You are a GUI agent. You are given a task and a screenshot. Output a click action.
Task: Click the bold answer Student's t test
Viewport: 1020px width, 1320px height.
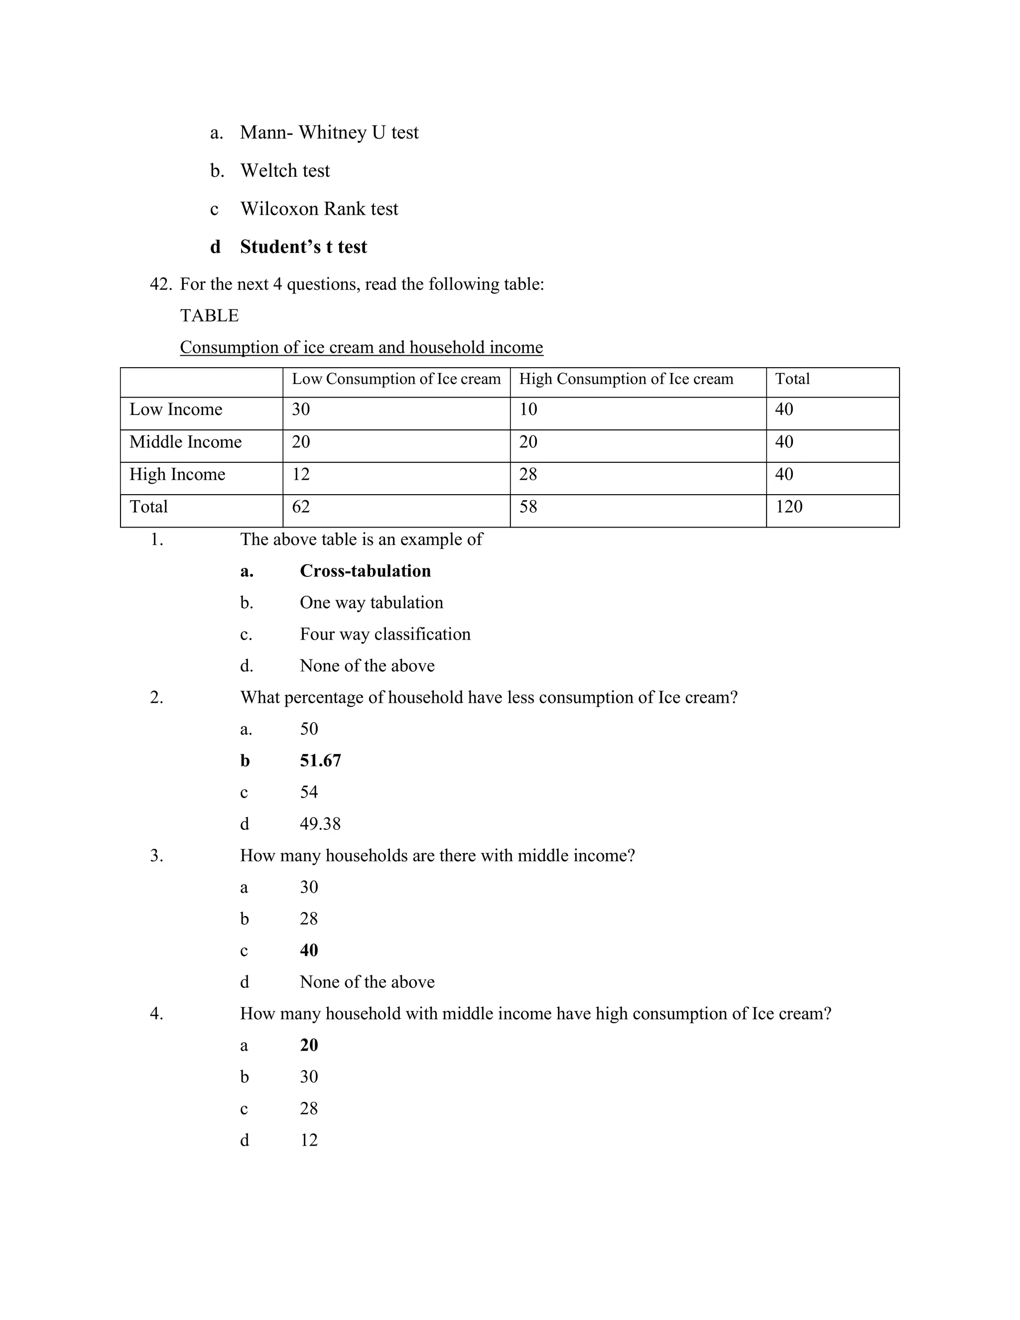303,247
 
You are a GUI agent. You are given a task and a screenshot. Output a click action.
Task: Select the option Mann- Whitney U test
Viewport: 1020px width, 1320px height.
329,132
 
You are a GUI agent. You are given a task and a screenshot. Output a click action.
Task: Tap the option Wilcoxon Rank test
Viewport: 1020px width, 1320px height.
319,209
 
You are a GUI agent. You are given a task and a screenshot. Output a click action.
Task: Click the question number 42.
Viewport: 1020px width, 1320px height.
161,284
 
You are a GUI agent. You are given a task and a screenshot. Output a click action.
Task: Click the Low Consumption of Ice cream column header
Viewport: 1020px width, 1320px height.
396,379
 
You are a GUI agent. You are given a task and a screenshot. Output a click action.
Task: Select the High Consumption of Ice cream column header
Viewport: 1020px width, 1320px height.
626,379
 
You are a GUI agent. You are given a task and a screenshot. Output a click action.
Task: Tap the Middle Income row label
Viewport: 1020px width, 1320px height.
185,442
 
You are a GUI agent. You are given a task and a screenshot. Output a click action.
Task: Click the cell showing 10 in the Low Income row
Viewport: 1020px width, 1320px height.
528,410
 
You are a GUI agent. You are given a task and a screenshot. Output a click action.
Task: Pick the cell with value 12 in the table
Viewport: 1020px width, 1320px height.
301,474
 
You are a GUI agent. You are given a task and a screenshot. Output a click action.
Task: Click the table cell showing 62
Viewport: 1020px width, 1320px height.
301,507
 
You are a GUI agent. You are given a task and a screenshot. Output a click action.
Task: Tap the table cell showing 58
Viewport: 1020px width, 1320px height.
528,507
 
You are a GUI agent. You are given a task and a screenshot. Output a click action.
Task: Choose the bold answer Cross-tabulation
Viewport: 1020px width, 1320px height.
365,571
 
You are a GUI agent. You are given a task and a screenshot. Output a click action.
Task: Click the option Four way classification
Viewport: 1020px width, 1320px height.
385,634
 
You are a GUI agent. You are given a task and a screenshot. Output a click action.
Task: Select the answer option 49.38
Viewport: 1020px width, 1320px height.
320,824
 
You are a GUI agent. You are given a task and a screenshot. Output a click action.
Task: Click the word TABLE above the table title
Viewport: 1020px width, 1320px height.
209,315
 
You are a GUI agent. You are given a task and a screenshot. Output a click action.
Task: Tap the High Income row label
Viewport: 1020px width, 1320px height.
177,474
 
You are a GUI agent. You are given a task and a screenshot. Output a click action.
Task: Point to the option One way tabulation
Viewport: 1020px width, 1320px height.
371,603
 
